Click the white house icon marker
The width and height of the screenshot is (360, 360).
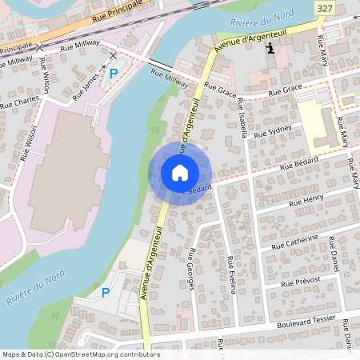tap(179, 172)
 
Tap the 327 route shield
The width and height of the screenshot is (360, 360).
tap(323, 8)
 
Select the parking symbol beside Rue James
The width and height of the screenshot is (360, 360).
tap(114, 73)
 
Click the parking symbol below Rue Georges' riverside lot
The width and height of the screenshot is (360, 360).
tap(105, 293)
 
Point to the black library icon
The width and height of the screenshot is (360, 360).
tap(271, 48)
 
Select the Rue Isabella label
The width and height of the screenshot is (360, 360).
tap(241, 118)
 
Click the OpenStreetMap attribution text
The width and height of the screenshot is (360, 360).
tap(80, 354)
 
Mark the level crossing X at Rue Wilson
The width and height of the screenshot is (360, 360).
tap(40, 46)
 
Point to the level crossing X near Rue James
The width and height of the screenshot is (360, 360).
tap(112, 55)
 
